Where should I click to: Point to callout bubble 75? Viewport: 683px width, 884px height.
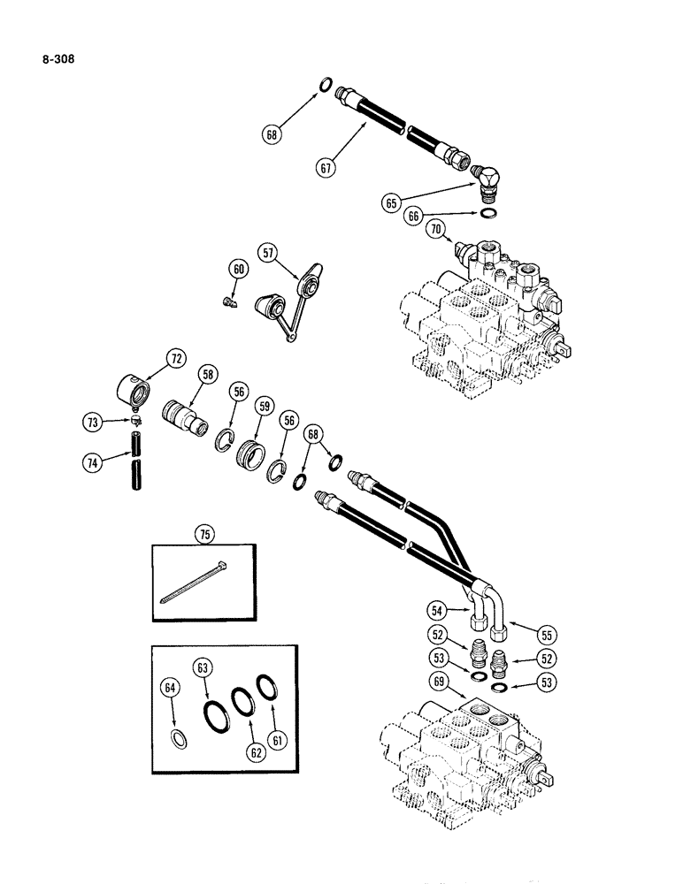click(x=206, y=533)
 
